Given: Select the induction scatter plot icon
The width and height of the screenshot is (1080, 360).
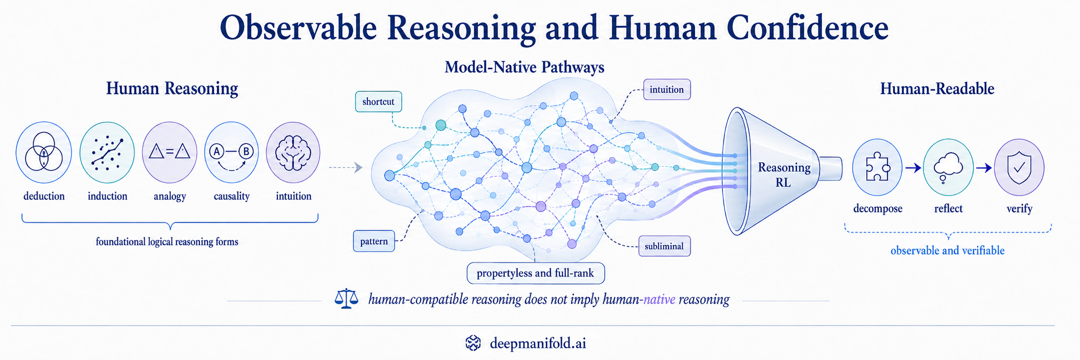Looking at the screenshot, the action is (x=107, y=152).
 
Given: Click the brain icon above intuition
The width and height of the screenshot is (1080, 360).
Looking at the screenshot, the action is (x=293, y=152).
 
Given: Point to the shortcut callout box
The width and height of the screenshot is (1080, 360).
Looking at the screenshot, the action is (x=378, y=101).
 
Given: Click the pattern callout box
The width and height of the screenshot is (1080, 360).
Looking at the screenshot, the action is (x=374, y=241).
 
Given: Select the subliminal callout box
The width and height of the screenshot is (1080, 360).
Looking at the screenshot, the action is (x=664, y=246).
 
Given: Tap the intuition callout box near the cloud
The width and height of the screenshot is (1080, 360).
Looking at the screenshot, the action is (x=667, y=90).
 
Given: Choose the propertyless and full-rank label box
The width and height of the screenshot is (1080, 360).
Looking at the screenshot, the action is (x=536, y=273).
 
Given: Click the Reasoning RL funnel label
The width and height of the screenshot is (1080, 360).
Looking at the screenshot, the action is (x=784, y=175).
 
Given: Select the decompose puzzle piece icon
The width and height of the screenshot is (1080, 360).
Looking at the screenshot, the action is (x=877, y=167).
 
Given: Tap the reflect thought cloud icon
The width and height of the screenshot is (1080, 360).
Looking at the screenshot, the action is (x=948, y=167).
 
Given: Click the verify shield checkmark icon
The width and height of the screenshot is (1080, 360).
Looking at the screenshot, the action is (x=1019, y=167).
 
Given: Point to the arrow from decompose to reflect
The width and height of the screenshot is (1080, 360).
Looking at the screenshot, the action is (x=913, y=168).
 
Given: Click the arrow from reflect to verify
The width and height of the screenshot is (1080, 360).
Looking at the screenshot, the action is (x=984, y=168).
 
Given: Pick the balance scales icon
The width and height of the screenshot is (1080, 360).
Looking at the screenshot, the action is (x=347, y=299).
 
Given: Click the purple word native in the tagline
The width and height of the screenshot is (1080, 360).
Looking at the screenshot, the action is (x=659, y=299).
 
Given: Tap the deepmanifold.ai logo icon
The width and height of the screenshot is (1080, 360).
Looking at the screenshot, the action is (x=473, y=343).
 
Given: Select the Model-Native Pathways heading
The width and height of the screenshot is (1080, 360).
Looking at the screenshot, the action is (x=525, y=67).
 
